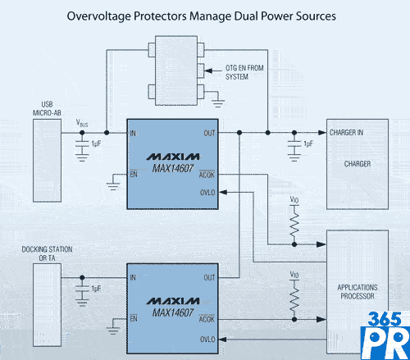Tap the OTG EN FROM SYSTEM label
coord(244,72)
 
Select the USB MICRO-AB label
coord(47,108)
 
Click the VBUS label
coord(82,123)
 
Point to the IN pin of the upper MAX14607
coord(133,134)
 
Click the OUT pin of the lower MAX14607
coord(209,278)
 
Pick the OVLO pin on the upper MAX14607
coord(207,193)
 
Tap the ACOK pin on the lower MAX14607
coord(207,319)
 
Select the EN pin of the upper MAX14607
coord(134,174)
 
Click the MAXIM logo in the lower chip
coord(173,301)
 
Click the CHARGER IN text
coord(346,133)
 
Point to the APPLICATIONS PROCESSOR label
coord(358,292)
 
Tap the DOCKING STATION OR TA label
coord(47,253)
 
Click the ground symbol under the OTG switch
coord(218,103)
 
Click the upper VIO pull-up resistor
coord(294,226)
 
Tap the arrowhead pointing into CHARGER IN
coord(322,133)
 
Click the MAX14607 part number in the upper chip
coord(173,168)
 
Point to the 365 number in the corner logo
coord(385,319)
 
